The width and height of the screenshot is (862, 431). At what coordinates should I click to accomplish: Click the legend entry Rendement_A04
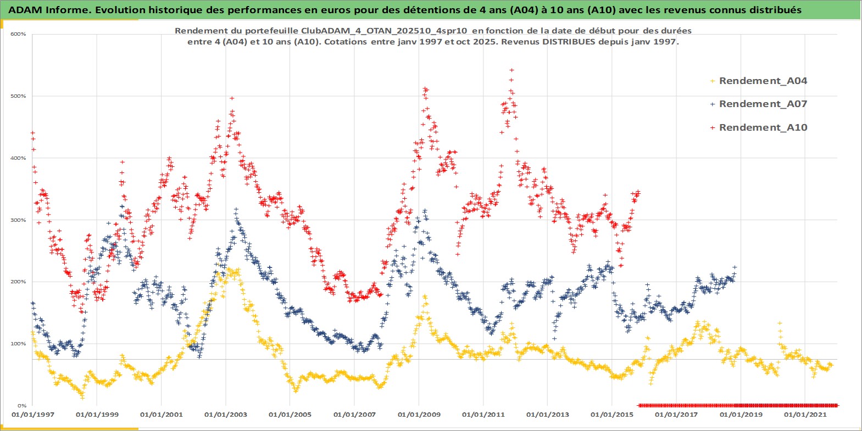click(763, 81)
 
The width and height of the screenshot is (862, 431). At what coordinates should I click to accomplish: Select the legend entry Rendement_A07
click(763, 104)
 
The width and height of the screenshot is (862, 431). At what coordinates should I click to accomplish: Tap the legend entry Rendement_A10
click(763, 127)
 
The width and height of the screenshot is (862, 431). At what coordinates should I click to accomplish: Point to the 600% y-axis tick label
click(18, 34)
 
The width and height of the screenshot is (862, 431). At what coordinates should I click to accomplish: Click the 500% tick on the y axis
click(18, 96)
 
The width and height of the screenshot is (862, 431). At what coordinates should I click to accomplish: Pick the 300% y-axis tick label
click(18, 220)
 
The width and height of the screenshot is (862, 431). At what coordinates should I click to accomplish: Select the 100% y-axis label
click(18, 344)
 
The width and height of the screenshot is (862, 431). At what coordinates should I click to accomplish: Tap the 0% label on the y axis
click(21, 406)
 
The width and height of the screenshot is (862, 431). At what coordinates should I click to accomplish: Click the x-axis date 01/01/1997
click(33, 415)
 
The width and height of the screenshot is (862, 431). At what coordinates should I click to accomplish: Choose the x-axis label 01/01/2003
click(226, 415)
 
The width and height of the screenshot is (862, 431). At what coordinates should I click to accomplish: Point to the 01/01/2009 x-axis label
click(419, 415)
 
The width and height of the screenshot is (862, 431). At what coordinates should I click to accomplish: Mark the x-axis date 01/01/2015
click(612, 415)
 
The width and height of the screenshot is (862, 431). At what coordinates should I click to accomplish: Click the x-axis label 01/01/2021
click(805, 415)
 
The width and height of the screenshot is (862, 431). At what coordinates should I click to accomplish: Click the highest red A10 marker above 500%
click(511, 70)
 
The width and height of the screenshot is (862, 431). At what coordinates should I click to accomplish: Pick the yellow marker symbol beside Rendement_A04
click(713, 81)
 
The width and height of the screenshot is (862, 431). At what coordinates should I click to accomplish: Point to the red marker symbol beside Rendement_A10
click(713, 128)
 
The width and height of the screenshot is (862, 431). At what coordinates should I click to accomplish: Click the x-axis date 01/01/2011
click(483, 415)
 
